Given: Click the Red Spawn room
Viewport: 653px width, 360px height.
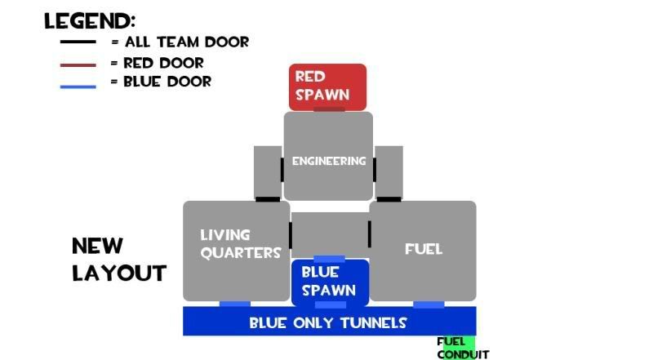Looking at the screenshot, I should click(327, 87).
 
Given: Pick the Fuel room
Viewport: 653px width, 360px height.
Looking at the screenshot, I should click(423, 250).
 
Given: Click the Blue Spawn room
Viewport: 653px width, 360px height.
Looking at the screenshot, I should click(329, 282).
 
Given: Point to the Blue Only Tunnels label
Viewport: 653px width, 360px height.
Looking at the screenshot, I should click(328, 322).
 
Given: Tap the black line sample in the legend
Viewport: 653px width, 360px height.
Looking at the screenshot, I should click(78, 42).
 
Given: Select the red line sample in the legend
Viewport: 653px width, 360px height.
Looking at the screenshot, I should click(78, 64).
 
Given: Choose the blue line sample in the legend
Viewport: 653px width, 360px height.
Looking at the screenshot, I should click(78, 83).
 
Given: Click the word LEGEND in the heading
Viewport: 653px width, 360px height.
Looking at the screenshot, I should click(89, 21).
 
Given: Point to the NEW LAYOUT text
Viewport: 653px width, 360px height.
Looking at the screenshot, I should click(118, 259).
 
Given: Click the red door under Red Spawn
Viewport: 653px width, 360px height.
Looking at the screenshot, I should click(329, 109).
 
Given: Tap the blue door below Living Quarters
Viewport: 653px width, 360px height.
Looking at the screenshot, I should click(235, 304).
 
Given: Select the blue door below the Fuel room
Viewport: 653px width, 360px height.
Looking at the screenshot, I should click(429, 304).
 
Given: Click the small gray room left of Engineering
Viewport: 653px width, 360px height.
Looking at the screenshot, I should click(267, 171).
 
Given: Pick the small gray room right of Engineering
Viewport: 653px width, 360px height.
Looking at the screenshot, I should click(389, 171).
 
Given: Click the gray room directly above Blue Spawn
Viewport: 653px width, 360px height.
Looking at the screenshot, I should click(329, 235).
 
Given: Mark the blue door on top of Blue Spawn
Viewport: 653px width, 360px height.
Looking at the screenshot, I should click(329, 260).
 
